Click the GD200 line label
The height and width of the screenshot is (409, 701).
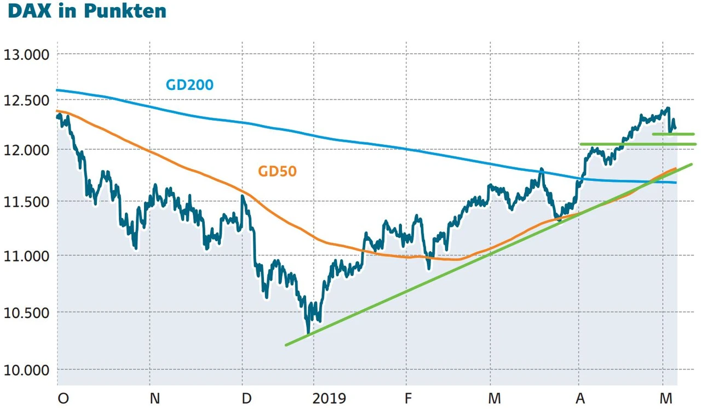[x=189, y=85]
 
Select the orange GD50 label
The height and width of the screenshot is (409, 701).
[x=277, y=172]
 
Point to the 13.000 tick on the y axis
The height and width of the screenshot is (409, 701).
[x=26, y=54]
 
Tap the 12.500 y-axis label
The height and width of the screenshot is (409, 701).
[x=26, y=100]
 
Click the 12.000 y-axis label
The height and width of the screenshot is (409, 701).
[x=26, y=150]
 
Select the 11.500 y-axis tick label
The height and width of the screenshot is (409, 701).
[x=26, y=202]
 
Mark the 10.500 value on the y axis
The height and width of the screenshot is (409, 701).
[x=26, y=313]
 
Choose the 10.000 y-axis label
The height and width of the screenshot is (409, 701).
[x=26, y=370]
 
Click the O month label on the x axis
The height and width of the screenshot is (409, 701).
[x=63, y=398]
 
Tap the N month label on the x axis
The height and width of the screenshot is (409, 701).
[x=155, y=398]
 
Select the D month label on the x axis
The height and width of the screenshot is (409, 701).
[x=247, y=398]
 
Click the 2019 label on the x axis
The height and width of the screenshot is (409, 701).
[x=329, y=398]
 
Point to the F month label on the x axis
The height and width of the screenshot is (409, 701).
[x=407, y=398]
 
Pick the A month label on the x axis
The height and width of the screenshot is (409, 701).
[x=581, y=398]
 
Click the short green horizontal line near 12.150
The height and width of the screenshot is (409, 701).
[x=673, y=134]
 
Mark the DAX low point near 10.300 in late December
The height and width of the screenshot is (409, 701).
[x=308, y=332]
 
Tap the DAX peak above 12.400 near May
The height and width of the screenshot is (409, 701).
[x=668, y=109]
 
